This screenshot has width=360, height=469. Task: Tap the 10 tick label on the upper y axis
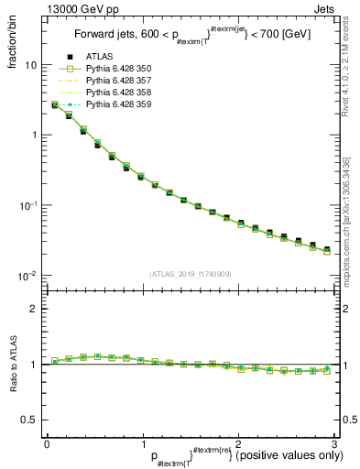click(30, 66)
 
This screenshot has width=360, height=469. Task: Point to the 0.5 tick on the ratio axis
click(29, 420)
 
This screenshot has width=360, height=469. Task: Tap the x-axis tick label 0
click(47, 444)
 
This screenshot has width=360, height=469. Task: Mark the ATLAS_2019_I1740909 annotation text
click(190, 274)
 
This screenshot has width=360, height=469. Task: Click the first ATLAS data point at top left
click(55, 105)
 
